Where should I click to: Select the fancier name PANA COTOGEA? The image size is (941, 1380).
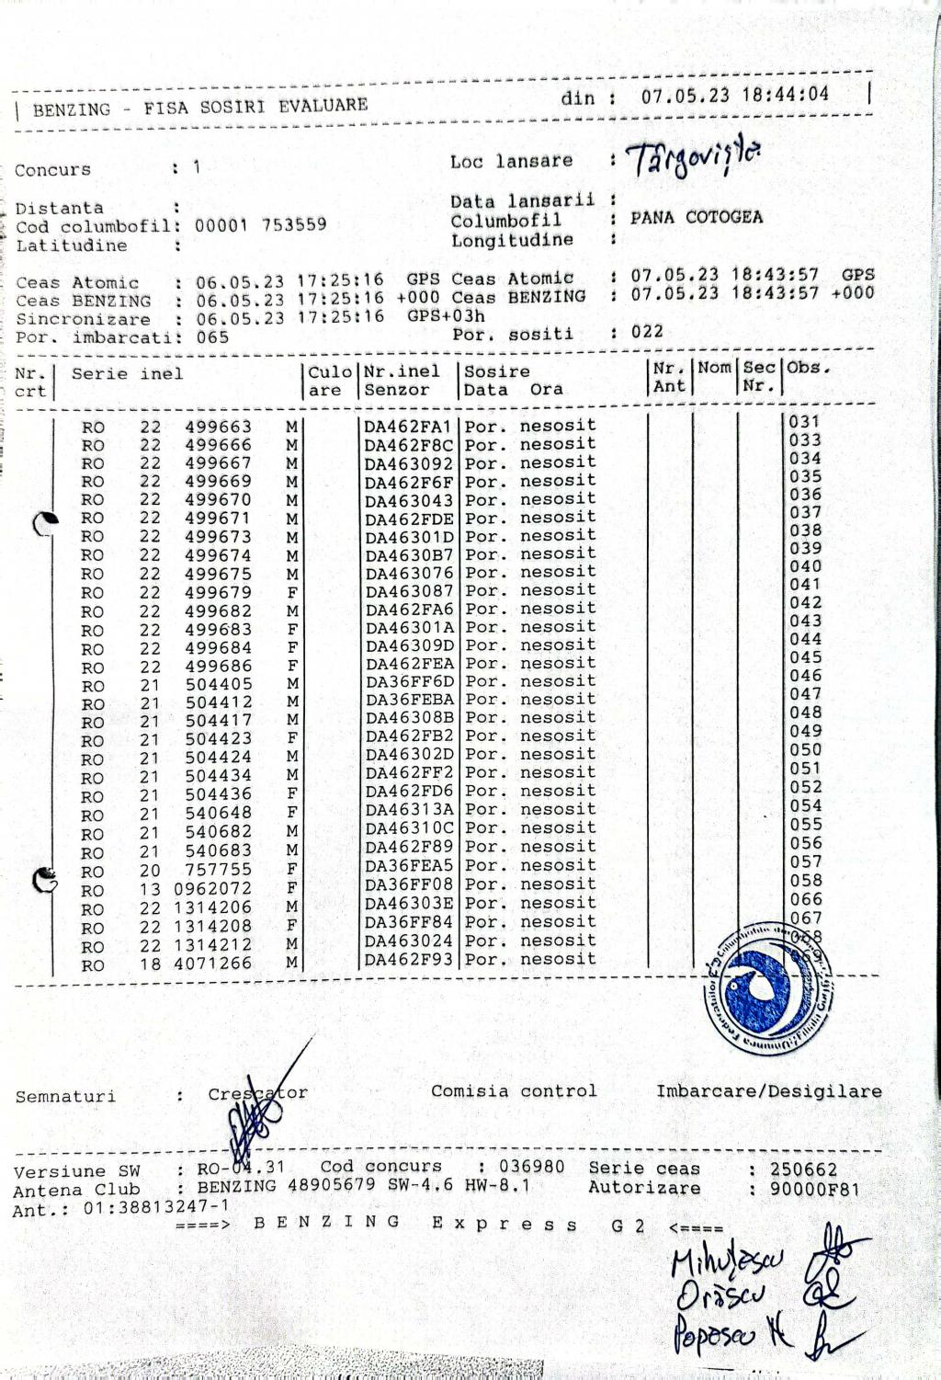[696, 218]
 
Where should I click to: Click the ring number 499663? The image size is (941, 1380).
[218, 427]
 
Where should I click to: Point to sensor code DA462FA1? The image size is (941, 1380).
[408, 427]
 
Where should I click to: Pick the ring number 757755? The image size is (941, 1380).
[218, 870]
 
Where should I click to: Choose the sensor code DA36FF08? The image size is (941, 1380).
[408, 885]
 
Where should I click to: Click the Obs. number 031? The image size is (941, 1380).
[805, 422]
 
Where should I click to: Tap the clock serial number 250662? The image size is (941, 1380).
[804, 1169]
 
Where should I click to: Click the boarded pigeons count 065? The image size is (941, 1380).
[213, 337]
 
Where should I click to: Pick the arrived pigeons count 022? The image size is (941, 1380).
[647, 331]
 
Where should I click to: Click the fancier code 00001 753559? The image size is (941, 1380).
[260, 225]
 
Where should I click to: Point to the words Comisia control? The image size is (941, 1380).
[514, 1091]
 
